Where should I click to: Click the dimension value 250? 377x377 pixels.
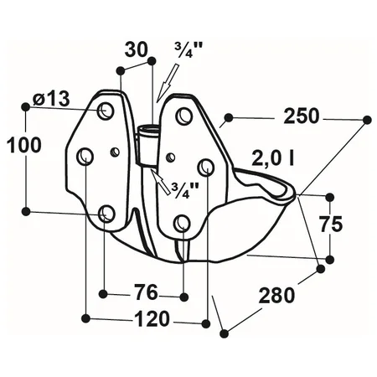pos(301,116)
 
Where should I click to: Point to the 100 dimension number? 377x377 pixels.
pos(23,145)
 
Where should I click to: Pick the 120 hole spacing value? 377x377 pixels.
pos(152,318)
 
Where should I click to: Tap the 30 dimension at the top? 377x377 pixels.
pos(136,49)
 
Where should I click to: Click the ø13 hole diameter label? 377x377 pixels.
pos(51,99)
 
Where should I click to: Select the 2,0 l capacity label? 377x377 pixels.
pos(272,158)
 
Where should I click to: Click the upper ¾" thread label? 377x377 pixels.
pos(183,50)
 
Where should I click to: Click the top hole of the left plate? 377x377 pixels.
pos(106,111)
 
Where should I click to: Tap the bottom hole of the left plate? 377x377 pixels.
pos(106,213)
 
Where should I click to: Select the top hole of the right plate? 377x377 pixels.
pos(183,115)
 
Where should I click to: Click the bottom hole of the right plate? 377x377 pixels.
pos(183,223)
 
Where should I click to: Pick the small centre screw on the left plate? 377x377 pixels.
pos(115,152)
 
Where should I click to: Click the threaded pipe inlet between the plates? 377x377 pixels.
pos(148,145)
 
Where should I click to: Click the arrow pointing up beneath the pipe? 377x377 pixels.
pos(161,181)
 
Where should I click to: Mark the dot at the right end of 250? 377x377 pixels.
pos(367,120)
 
